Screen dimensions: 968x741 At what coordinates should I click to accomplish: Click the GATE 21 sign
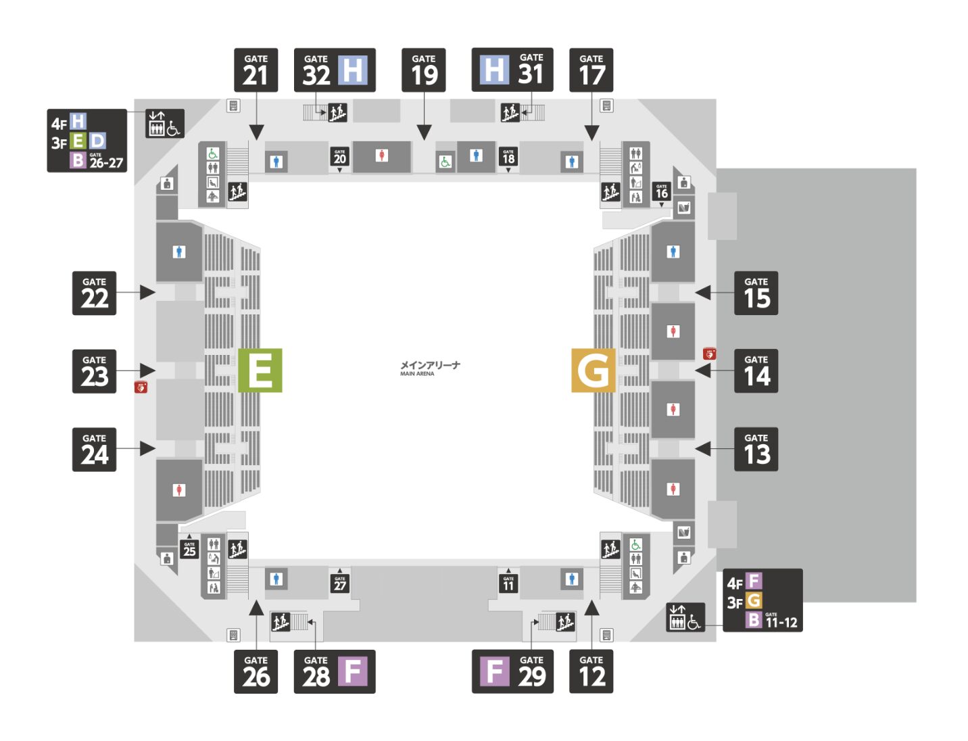coord(256,70)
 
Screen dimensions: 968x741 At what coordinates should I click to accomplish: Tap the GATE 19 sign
coord(424,70)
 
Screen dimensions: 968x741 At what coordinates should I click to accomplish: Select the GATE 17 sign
coord(591,70)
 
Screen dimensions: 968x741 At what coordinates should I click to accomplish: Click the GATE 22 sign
coord(95,293)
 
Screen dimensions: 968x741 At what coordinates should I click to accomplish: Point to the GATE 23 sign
coord(95,371)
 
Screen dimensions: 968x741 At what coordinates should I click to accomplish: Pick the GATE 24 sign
coord(95,450)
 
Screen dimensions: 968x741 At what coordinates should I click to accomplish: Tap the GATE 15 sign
coord(756,293)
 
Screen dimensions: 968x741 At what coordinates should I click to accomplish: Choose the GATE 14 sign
coord(756,371)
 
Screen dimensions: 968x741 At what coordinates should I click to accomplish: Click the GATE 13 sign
coord(756,449)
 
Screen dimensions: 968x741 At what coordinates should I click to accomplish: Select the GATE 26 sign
coord(256,671)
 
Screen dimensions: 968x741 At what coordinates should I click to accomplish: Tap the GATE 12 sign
coord(591,671)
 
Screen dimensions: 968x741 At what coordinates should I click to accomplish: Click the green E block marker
coord(260,370)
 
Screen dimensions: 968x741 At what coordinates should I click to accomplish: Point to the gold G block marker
coord(593,370)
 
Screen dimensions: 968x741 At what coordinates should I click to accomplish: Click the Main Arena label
coord(430,368)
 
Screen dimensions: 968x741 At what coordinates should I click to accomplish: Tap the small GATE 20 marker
coord(339,157)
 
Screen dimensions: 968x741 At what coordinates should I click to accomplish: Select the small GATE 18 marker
coord(508,157)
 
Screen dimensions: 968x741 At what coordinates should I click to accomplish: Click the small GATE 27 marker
coord(339,583)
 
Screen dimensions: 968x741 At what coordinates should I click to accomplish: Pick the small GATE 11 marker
coord(508,583)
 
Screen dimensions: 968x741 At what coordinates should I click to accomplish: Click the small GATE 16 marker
coord(662,191)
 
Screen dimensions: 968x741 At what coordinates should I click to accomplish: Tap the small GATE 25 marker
coord(189,548)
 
